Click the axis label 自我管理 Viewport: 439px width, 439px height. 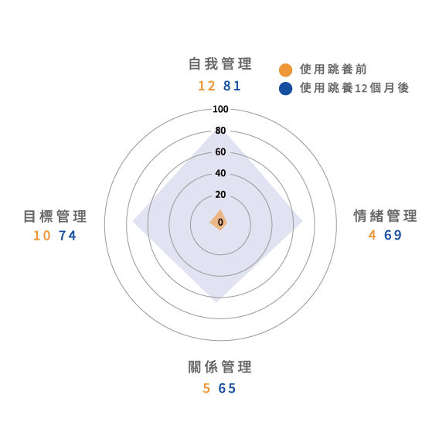click(x=220, y=64)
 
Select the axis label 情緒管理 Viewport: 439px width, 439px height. click(x=385, y=216)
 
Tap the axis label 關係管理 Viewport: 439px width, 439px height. click(x=220, y=367)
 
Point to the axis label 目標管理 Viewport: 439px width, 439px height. click(x=55, y=216)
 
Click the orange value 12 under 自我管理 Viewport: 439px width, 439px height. click(x=206, y=86)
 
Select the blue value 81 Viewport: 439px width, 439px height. click(x=232, y=86)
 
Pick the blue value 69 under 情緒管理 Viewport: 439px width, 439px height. click(x=393, y=235)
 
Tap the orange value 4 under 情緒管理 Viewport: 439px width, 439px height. click(x=372, y=235)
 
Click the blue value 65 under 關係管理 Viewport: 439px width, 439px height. click(x=227, y=388)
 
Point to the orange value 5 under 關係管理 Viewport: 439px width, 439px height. click(x=206, y=388)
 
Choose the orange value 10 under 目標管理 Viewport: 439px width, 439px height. click(x=42, y=236)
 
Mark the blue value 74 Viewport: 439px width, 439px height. click(x=67, y=236)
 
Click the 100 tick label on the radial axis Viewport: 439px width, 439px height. click(x=220, y=109)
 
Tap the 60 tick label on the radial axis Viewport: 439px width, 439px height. click(x=220, y=152)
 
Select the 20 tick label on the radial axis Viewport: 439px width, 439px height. click(x=220, y=195)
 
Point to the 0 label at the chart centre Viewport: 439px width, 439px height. click(x=220, y=223)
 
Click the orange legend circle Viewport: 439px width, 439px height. click(x=285, y=70)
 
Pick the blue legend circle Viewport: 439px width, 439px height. click(x=285, y=88)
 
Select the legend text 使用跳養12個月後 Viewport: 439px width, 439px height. click(x=355, y=88)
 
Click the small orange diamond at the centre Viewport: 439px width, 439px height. click(x=219, y=220)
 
